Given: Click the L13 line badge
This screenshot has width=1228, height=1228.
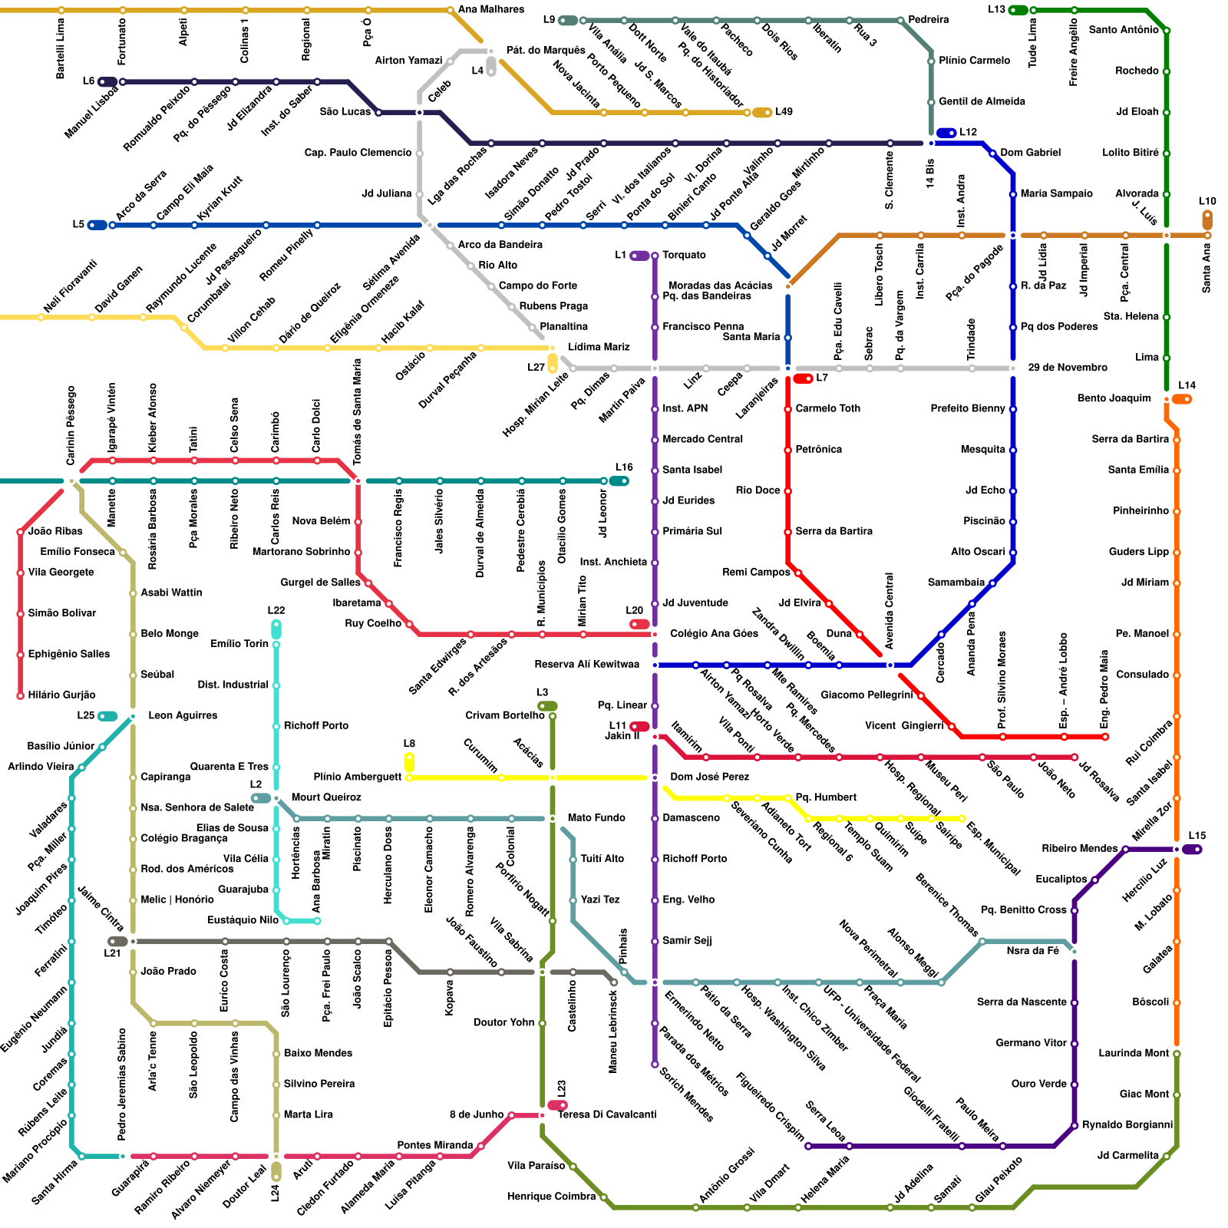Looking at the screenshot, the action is (x=1018, y=10).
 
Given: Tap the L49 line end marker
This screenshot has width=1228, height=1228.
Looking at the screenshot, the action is (x=762, y=113).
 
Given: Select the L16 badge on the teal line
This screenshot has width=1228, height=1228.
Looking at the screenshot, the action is (x=619, y=481).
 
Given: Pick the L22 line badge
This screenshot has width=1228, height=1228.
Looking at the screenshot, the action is (x=276, y=629).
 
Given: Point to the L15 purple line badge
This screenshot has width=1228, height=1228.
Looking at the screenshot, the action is (x=1192, y=849).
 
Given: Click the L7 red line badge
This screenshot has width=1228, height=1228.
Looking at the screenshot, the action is (x=803, y=378).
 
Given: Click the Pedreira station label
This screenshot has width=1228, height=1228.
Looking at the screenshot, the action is (x=928, y=19).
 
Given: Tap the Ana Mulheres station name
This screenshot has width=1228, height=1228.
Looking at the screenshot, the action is (x=491, y=9).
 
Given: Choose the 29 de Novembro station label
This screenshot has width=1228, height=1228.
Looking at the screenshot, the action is (x=1068, y=368).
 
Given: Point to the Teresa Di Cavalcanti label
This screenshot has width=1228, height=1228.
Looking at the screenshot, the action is (x=606, y=1114).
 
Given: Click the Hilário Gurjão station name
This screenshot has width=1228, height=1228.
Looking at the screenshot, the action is (x=61, y=695).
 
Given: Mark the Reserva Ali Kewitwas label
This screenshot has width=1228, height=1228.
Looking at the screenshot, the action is (x=586, y=664).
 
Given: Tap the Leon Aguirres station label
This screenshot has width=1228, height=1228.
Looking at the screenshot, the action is (x=183, y=715).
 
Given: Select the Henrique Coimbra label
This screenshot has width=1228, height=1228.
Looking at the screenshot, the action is (x=551, y=1196).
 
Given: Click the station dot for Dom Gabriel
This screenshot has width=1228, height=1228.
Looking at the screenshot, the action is (x=992, y=153).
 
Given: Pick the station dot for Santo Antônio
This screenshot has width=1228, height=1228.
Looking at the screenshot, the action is (x=1167, y=31).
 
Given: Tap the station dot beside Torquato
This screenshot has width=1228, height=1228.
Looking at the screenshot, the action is (x=655, y=256).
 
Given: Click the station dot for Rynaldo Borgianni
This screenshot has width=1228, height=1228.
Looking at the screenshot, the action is (x=1074, y=1125).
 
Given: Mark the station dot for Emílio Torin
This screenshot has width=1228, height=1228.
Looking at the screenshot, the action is (x=276, y=644).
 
